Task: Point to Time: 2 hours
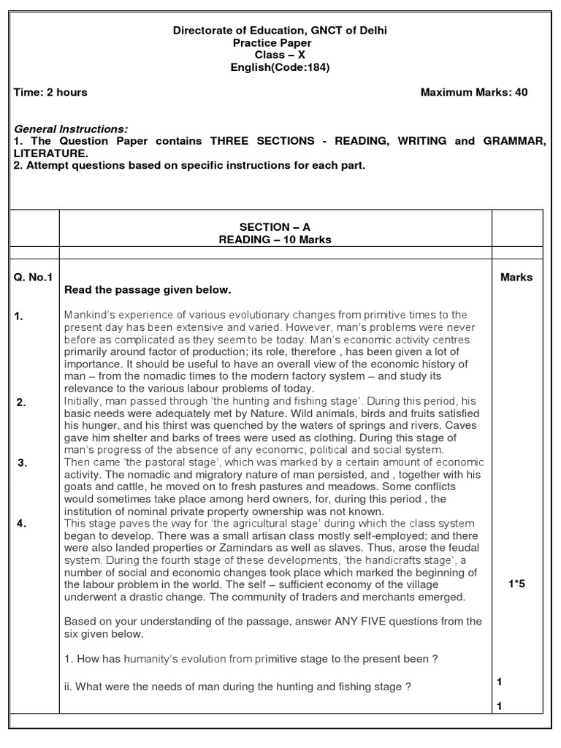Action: pyautogui.click(x=50, y=92)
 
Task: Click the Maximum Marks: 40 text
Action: pyautogui.click(x=474, y=92)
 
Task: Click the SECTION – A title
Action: pyautogui.click(x=275, y=227)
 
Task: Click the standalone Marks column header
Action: pyautogui.click(x=516, y=277)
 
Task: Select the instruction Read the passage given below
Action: pyautogui.click(x=148, y=290)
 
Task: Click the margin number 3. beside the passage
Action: pyautogui.click(x=23, y=462)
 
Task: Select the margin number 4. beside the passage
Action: pyautogui.click(x=23, y=523)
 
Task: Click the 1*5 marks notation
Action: pyautogui.click(x=517, y=584)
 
